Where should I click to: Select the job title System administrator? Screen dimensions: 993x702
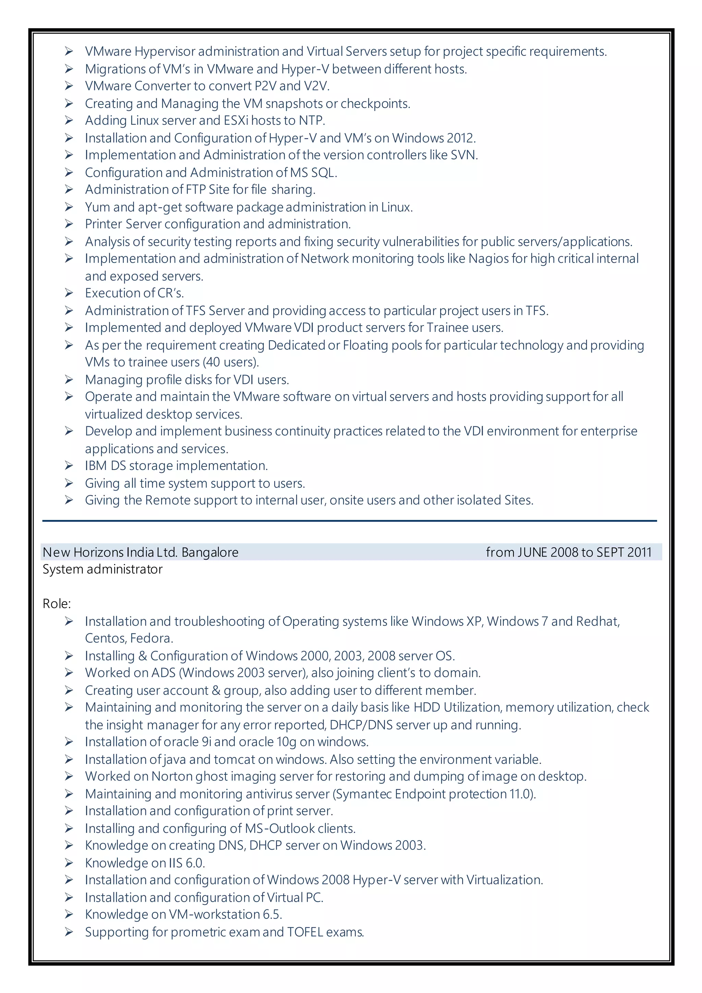[102, 569]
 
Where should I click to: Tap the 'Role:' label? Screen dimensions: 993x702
[57, 604]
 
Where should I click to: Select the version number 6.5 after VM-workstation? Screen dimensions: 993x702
[272, 915]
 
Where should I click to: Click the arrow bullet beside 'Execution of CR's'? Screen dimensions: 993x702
[69, 293]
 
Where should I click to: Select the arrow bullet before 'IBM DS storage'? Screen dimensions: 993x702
[69, 465]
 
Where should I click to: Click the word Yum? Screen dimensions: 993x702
[97, 207]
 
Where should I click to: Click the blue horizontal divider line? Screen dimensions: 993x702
[349, 521]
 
